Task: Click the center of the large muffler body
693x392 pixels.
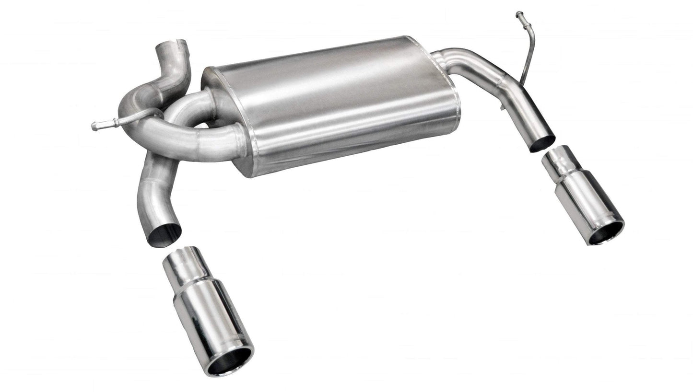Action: pyautogui.click(x=331, y=105)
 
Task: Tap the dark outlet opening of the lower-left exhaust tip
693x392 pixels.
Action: pyautogui.click(x=229, y=361)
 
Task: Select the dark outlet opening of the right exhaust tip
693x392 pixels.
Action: pyautogui.click(x=606, y=233)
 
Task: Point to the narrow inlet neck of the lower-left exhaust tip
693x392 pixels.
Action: pyautogui.click(x=181, y=263)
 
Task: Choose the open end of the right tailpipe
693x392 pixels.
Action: pyautogui.click(x=542, y=143)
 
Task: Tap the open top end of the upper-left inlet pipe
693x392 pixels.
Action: pyautogui.click(x=173, y=46)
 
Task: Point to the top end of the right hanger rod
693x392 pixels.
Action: pyautogui.click(x=519, y=15)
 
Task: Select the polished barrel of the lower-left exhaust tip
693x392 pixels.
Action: pyautogui.click(x=211, y=316)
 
